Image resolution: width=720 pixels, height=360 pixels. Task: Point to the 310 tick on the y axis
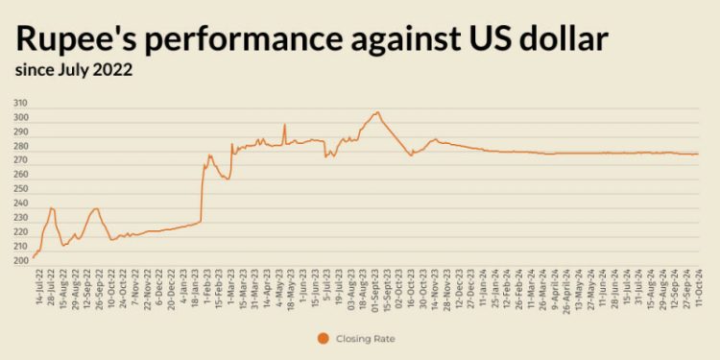click(x=20, y=103)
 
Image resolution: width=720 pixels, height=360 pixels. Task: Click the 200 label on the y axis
click(x=20, y=260)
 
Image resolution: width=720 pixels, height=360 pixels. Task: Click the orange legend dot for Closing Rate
click(x=322, y=338)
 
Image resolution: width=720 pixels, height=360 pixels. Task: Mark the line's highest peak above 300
click(x=376, y=112)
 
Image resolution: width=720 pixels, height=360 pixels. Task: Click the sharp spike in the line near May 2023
click(x=284, y=124)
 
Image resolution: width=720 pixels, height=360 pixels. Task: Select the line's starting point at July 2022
click(x=34, y=257)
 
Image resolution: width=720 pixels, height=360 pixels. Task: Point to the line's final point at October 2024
click(x=697, y=154)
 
